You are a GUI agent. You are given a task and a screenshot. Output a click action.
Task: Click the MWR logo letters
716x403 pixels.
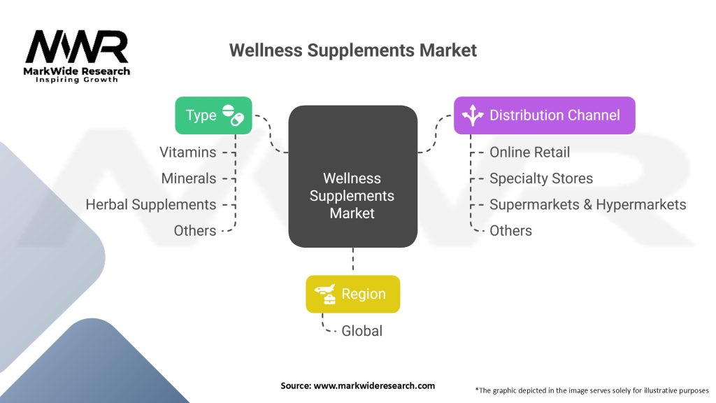77,46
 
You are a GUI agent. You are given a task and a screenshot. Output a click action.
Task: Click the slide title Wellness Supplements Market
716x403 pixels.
352,50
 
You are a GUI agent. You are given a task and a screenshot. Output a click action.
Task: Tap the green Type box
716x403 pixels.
213,115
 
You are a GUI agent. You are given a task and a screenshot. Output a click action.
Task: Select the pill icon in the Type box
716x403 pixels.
233,115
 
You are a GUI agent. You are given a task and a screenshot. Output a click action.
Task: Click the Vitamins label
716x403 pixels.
187,152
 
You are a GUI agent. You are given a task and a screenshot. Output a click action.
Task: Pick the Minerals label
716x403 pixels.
189,178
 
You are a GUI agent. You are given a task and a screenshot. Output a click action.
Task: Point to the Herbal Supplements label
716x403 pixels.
151,205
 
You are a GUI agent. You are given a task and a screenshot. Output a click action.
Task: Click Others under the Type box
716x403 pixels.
195,231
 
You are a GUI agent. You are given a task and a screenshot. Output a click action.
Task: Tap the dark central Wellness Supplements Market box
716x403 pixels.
352,176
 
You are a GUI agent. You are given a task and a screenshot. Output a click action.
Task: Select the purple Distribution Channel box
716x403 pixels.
544,115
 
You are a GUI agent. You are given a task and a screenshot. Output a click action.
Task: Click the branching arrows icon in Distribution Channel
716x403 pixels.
473,115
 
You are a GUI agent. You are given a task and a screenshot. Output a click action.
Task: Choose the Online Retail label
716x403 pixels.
530,152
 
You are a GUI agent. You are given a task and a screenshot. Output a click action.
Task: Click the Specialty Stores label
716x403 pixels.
541,178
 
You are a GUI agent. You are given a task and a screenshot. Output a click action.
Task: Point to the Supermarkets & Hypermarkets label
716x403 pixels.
587,205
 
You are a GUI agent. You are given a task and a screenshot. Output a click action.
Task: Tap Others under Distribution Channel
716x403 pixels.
510,231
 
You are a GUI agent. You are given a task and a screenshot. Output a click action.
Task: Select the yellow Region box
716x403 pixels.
352,295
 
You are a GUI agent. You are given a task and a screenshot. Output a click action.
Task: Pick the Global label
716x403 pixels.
361,331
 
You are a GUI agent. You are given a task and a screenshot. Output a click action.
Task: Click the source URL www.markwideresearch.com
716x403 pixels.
374,386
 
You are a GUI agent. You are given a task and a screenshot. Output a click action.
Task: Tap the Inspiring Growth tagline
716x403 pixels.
77,80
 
